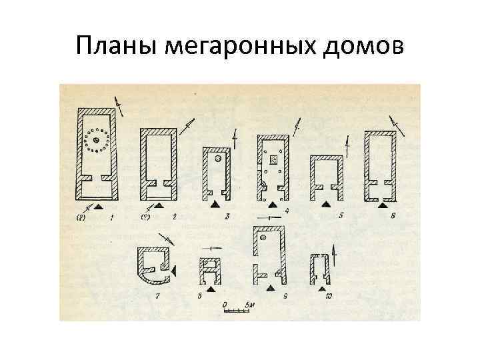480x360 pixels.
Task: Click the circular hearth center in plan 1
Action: pyautogui.click(x=97, y=140)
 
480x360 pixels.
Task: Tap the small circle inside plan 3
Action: pyautogui.click(x=218, y=160)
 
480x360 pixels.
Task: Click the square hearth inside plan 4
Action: pyautogui.click(x=273, y=160)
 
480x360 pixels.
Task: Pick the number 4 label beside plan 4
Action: pyautogui.click(x=287, y=211)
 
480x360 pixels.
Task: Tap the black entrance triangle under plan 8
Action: pyautogui.click(x=211, y=291)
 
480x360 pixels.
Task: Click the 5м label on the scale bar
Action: pyautogui.click(x=248, y=305)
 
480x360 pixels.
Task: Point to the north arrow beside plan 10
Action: pyautogui.click(x=333, y=254)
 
